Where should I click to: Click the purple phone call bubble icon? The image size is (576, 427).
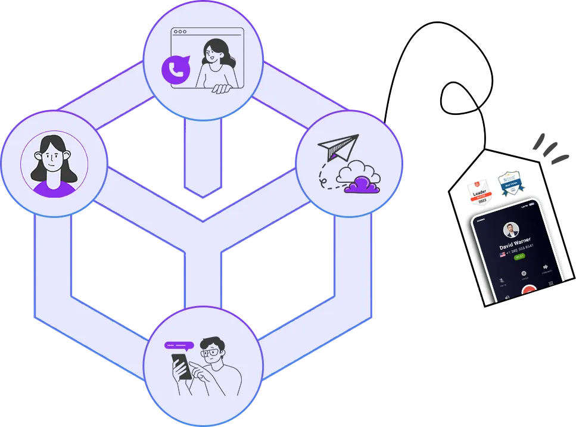click(176, 70)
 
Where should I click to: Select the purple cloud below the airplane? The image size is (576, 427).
click(362, 186)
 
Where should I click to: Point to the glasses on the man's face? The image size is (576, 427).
click(211, 353)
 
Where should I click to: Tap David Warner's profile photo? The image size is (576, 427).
click(511, 229)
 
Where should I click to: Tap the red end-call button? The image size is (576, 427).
click(528, 291)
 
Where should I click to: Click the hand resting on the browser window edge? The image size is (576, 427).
click(222, 89)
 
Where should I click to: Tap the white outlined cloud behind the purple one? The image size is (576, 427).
click(357, 172)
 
